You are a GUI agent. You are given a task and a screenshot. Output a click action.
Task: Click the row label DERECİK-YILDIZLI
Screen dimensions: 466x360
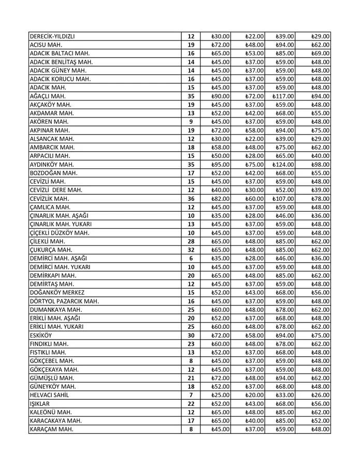point(56,37)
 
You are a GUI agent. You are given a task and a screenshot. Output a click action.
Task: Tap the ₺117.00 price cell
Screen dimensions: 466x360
point(283,96)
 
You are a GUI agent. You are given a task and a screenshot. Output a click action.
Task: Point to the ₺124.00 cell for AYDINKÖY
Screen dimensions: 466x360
point(283,165)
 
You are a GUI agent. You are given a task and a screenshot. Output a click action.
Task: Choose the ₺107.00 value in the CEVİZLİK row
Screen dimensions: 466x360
point(283,199)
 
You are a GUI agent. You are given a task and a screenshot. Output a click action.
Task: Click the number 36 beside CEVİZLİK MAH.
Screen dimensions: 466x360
point(191,199)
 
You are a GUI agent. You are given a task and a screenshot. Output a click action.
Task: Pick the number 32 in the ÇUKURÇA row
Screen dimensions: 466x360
point(191,250)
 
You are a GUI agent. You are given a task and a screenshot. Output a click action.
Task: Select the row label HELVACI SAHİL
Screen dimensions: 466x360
point(49,395)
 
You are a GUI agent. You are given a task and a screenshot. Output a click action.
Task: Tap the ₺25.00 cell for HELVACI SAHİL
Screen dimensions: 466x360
point(221,395)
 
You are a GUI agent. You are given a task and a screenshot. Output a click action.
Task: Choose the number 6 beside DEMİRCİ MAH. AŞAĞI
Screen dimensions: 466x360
point(191,258)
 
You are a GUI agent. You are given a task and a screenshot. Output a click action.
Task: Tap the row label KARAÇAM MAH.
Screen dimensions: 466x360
point(51,429)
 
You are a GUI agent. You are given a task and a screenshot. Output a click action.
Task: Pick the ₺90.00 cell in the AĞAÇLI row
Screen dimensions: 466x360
point(221,96)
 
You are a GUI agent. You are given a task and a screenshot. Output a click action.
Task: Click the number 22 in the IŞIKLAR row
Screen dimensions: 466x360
point(191,404)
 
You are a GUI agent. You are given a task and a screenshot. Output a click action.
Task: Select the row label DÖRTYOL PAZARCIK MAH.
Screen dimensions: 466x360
point(64,301)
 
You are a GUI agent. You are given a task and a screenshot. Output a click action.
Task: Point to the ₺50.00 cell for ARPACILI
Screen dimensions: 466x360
point(221,156)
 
